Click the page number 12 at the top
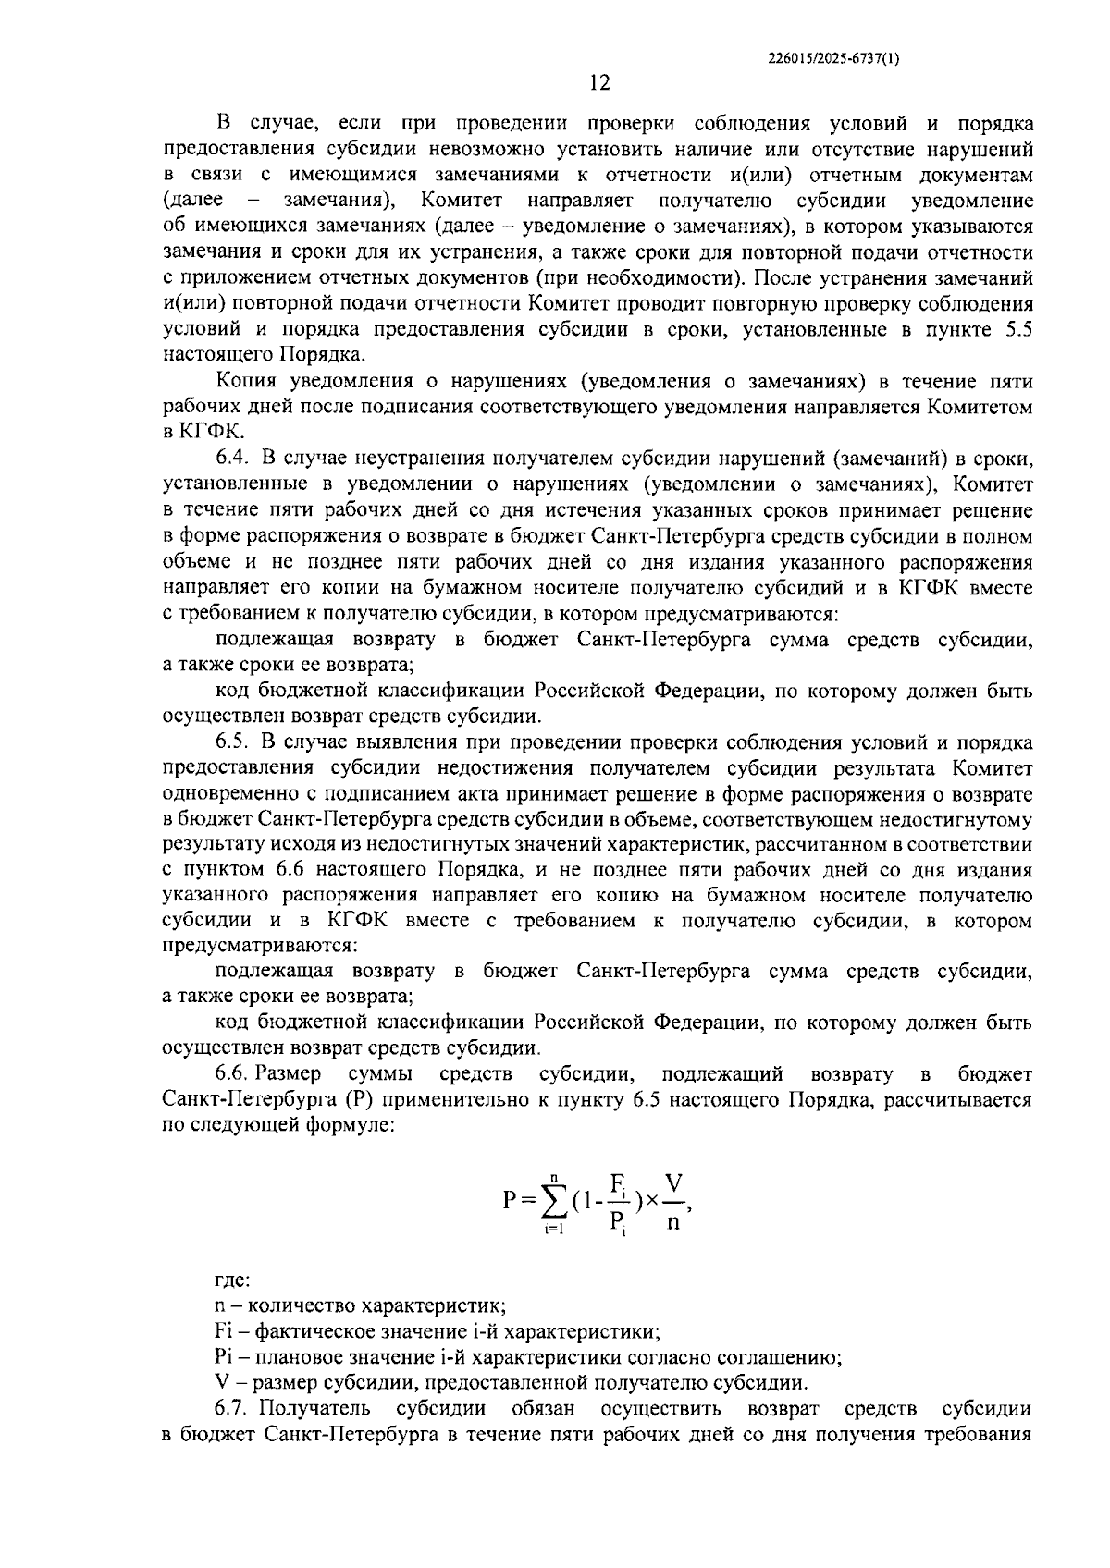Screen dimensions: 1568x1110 pyautogui.click(x=599, y=83)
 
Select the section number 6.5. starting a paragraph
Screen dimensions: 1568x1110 pyautogui.click(x=232, y=741)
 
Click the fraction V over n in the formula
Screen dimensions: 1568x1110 pyautogui.click(x=673, y=1201)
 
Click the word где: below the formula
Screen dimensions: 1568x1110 pyautogui.click(x=231, y=1281)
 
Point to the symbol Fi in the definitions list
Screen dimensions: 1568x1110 pyautogui.click(x=222, y=1332)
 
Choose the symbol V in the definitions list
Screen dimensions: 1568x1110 pyautogui.click(x=220, y=1383)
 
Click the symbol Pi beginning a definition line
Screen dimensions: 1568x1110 pyautogui.click(x=222, y=1358)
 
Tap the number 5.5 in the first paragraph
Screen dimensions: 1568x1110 pyautogui.click(x=1017, y=329)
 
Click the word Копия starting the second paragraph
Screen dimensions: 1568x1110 pyautogui.click(x=246, y=381)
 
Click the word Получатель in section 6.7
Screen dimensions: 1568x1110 pyautogui.click(x=314, y=1409)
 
